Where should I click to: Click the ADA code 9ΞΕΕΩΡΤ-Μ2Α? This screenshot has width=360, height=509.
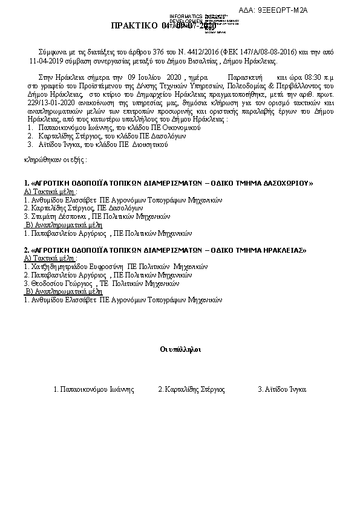(283, 11)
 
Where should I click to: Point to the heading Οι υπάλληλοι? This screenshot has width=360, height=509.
(180, 349)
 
